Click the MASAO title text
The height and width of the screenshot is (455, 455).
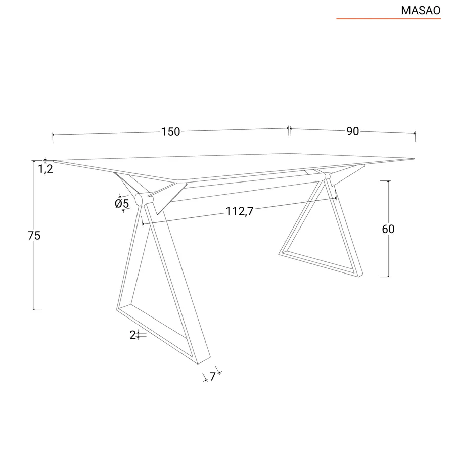coord(421,10)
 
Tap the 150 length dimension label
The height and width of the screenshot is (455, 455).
coord(170,132)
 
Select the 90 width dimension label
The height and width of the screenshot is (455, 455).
coord(352,131)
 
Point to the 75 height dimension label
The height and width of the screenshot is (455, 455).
coord(34,235)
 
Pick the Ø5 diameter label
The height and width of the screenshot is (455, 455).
coord(122,203)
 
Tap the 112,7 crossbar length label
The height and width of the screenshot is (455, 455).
coord(239,211)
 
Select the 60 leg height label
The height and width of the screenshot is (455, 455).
coord(388,229)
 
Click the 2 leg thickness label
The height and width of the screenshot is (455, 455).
coord(133,335)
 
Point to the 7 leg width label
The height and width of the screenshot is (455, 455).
coord(213,377)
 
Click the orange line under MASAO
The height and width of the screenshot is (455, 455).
coord(388,19)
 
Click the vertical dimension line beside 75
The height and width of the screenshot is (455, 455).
coord(34,273)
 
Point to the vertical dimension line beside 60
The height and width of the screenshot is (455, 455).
coord(388,253)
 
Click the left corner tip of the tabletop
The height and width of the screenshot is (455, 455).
coord(54,161)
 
